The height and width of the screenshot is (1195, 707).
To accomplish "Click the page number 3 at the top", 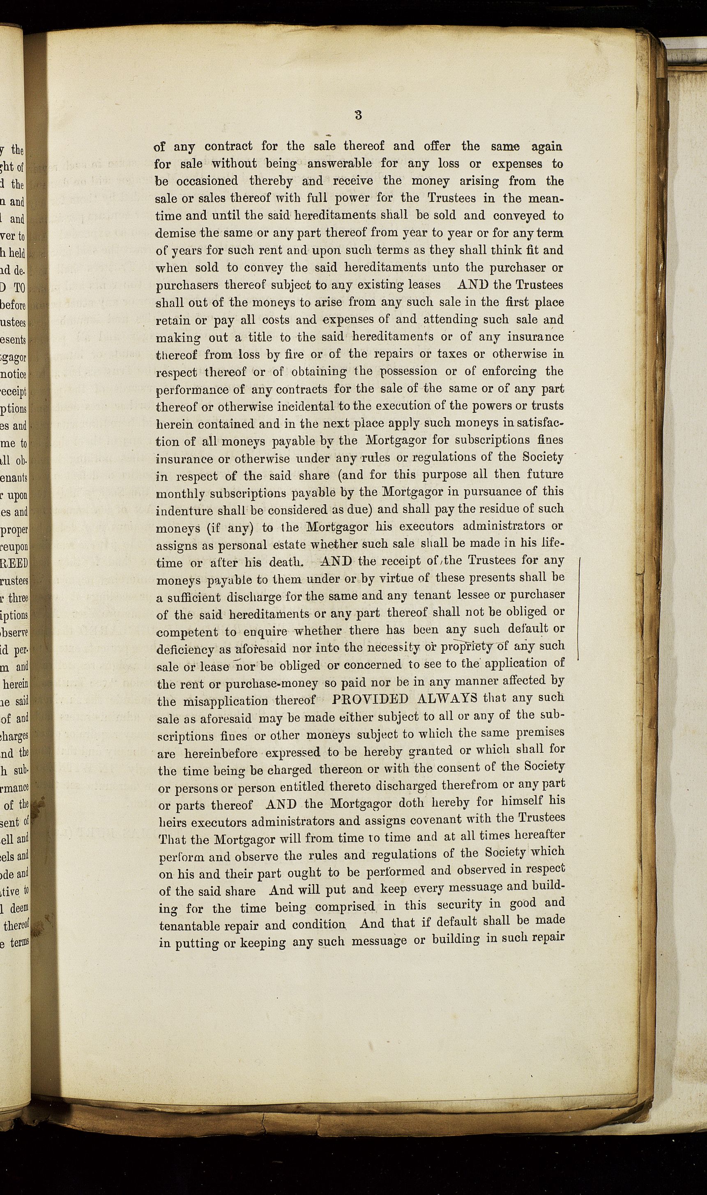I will tap(358, 115).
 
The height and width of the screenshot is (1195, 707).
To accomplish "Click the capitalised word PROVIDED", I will tap(370, 699).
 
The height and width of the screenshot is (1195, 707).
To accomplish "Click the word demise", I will tap(173, 233).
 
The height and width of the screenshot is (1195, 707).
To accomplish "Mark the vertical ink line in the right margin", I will tap(578, 610).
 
